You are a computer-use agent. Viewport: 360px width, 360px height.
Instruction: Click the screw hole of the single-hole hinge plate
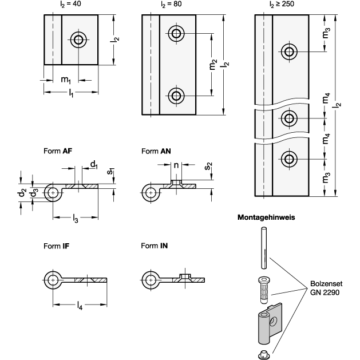pyautogui.click(x=78, y=40)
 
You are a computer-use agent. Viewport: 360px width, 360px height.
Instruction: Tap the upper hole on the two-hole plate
pyautogui.click(x=176, y=34)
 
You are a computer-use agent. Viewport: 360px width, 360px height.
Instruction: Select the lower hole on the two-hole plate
pyautogui.click(x=176, y=96)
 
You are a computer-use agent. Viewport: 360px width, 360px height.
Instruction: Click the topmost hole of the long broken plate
pyautogui.click(x=289, y=52)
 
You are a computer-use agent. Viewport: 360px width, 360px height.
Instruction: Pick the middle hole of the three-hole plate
pyautogui.click(x=289, y=118)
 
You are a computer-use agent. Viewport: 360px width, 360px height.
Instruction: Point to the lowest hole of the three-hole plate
pyautogui.click(x=289, y=159)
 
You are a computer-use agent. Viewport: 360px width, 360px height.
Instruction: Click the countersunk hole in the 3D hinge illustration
pyautogui.click(x=273, y=321)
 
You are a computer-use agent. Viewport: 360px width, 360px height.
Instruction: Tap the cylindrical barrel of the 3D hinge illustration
pyautogui.click(x=263, y=329)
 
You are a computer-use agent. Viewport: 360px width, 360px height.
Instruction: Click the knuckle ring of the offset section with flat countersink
pyautogui.click(x=53, y=193)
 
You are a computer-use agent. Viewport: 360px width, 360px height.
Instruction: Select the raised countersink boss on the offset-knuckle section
pyautogui.click(x=177, y=183)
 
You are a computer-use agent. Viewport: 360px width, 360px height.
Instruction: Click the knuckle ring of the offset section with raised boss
pyautogui.click(x=151, y=193)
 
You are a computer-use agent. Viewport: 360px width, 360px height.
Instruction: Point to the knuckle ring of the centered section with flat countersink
pyautogui.click(x=53, y=280)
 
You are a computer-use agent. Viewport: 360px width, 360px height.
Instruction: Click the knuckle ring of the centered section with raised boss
pyautogui.click(x=151, y=280)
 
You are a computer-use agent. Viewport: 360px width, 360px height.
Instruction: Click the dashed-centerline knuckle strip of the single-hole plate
pyautogui.click(x=53, y=40)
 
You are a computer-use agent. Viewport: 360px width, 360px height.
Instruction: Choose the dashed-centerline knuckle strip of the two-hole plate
pyautogui.click(x=151, y=65)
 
